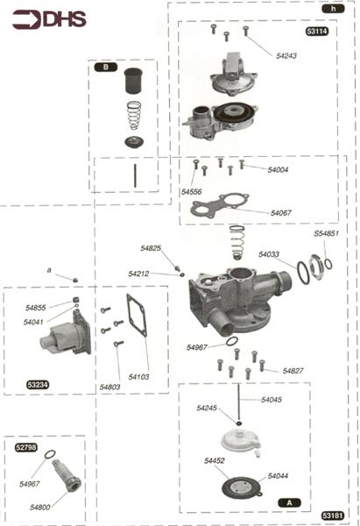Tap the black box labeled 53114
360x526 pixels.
point(317,32)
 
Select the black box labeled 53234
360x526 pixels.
point(38,384)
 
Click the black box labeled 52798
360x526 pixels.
point(26,447)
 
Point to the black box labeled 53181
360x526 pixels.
point(332,515)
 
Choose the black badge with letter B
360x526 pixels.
point(105,67)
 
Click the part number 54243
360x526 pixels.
point(286,55)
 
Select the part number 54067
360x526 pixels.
point(281,213)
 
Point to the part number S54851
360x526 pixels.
point(326,234)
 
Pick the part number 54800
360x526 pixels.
point(40,507)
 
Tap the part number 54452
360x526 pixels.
point(215,460)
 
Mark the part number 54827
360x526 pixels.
point(293,371)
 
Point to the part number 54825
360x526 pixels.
point(151,249)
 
